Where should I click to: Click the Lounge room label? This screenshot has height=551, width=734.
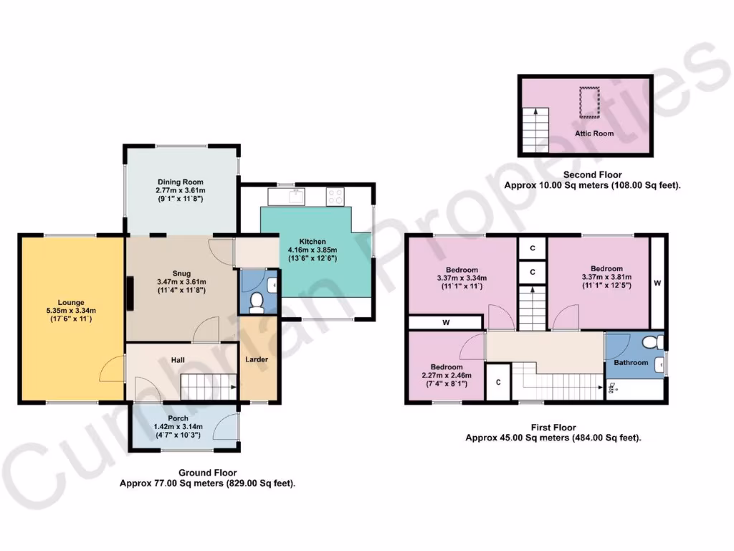(x=72, y=302)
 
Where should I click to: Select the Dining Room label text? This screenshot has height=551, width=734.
(x=181, y=182)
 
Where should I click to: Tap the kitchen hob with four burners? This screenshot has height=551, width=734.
(x=335, y=194)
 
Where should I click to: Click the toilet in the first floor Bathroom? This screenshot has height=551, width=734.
(x=651, y=342)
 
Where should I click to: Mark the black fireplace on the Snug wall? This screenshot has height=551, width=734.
(x=130, y=293)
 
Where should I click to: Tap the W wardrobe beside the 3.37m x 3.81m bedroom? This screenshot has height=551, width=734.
(x=657, y=283)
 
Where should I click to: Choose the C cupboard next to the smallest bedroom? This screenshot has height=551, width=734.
(x=497, y=382)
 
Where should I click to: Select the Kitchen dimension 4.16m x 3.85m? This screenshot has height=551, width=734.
(x=313, y=250)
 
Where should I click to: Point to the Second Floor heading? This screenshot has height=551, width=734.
(x=592, y=174)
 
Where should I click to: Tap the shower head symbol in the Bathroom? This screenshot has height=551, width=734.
(x=612, y=388)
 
